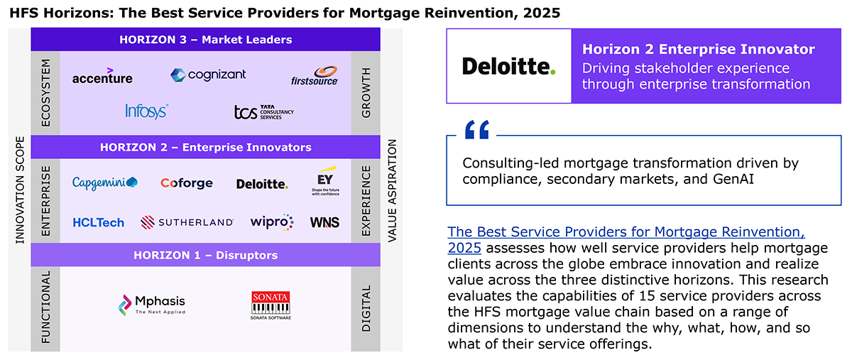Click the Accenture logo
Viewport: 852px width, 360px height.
[x=102, y=76]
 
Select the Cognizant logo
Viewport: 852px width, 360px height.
[x=208, y=75]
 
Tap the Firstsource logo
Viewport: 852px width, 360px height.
[x=315, y=76]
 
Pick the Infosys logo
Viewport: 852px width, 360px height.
[x=147, y=111]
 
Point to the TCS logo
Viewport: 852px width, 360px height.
[x=263, y=112]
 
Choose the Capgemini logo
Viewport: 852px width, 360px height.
[x=105, y=183]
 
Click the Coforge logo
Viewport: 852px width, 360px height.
[x=186, y=183]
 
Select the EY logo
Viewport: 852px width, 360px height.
[x=326, y=181]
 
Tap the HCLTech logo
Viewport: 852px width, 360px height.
[x=99, y=222]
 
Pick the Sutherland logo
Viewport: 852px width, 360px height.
[x=187, y=222]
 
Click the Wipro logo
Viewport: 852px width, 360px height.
[x=271, y=222]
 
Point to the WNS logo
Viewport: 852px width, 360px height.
[x=324, y=222]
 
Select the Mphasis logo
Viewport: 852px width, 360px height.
[x=151, y=305]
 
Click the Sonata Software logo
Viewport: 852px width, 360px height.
[x=271, y=305]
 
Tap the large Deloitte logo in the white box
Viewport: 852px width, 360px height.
[x=509, y=66]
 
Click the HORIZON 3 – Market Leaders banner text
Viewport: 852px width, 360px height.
[x=206, y=40]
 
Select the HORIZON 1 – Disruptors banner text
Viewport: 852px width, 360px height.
[x=206, y=255]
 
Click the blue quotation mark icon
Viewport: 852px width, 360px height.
[x=477, y=130]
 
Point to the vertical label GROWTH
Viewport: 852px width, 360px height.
[x=366, y=93]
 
